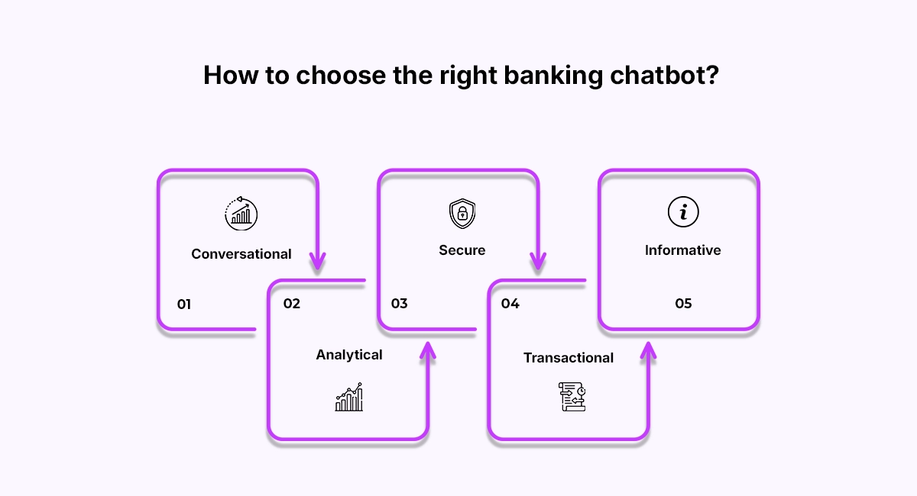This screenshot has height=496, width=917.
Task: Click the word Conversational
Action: click(241, 254)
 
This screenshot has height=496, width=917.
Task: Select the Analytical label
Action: click(349, 355)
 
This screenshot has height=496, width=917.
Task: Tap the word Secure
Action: click(462, 250)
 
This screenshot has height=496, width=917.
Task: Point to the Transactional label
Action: click(568, 358)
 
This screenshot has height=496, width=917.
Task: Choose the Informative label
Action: click(682, 250)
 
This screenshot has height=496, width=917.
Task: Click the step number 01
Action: click(184, 304)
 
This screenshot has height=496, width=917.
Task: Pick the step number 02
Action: click(292, 304)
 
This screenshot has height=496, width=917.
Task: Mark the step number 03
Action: click(399, 304)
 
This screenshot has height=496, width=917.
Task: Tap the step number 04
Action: click(510, 304)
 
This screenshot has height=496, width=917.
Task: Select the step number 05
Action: click(683, 304)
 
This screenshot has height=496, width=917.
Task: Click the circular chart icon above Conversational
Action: click(241, 213)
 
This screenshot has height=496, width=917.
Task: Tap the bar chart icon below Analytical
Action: click(349, 398)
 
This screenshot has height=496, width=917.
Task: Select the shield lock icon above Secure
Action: click(462, 214)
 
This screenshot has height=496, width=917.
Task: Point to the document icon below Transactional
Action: click(571, 397)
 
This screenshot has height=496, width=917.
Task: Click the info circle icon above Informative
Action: click(682, 213)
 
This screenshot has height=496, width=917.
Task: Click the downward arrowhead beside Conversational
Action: click(317, 262)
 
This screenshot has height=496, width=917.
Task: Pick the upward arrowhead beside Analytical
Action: click(427, 349)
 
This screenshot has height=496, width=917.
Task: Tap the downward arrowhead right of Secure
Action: click(538, 262)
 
